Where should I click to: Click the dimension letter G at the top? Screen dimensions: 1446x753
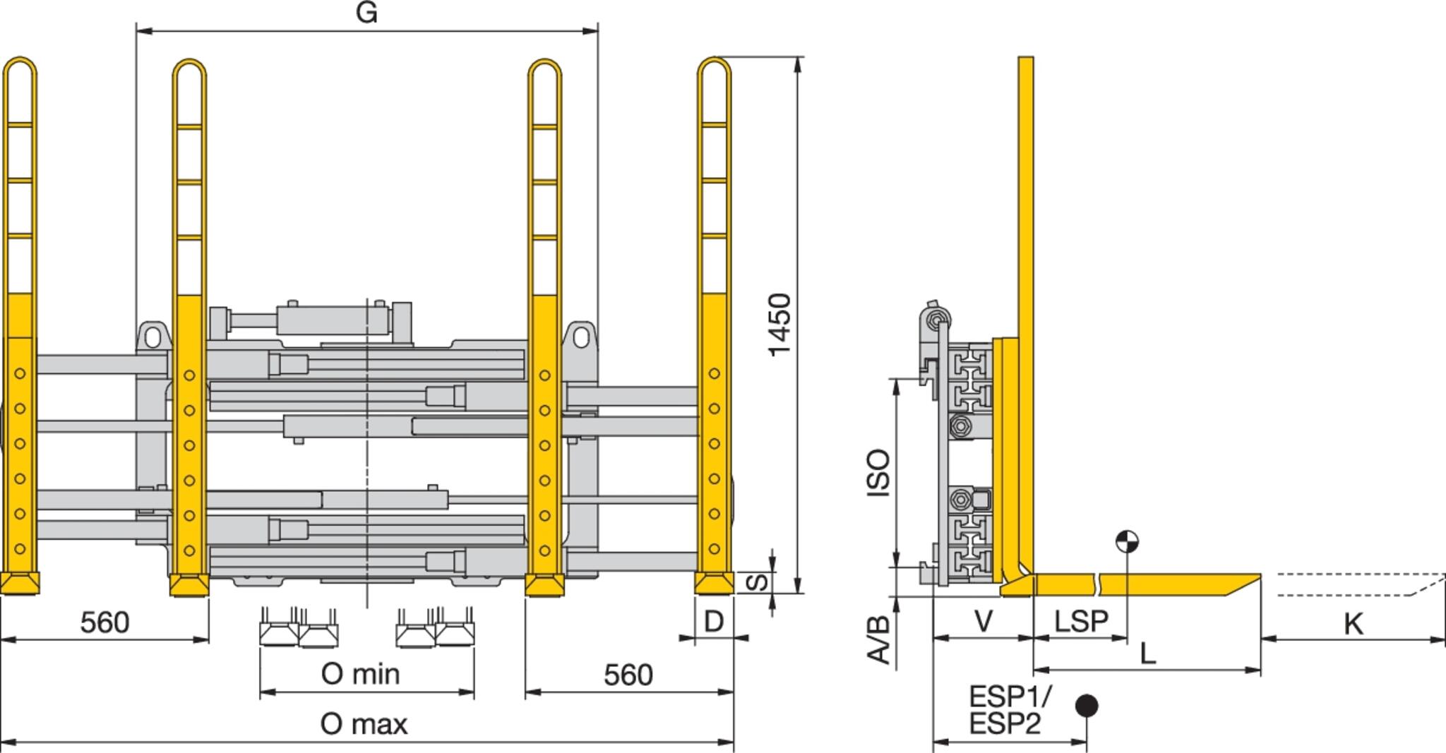pos(366,13)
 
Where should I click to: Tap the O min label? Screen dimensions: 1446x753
pos(361,674)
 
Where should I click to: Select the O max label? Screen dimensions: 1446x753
pos(364,724)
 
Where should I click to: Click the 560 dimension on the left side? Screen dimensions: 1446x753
pos(105,622)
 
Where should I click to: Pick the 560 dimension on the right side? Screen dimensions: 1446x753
pos(628,675)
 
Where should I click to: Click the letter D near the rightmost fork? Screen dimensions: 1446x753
pos(714,622)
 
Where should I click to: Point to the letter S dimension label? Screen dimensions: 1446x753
pos(757,582)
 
